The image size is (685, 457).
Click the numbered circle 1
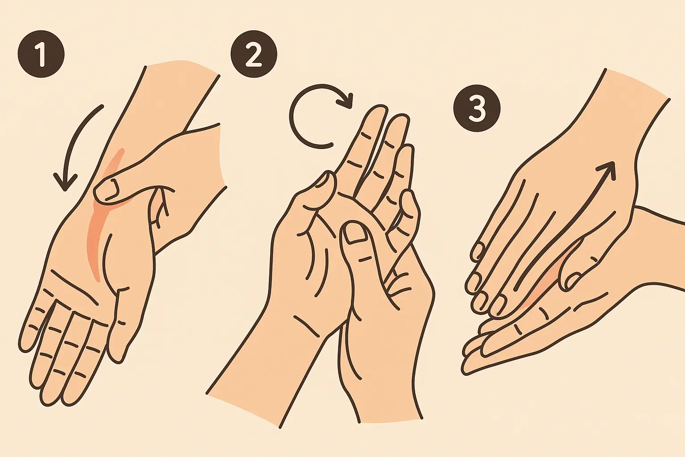41,55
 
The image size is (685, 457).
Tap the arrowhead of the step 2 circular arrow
345,100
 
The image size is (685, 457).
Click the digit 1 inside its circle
41,55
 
